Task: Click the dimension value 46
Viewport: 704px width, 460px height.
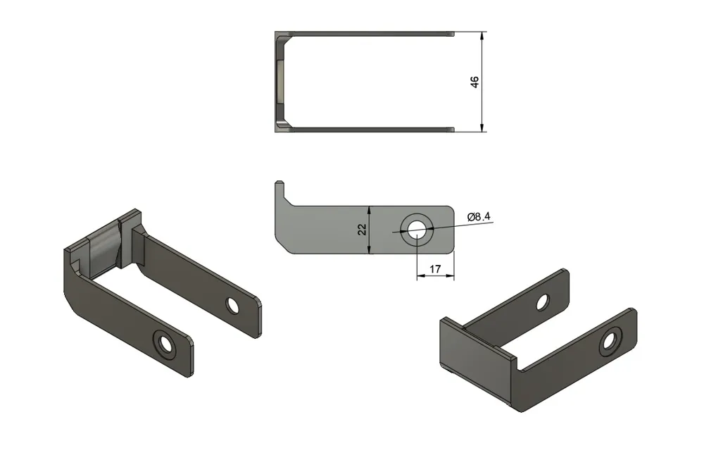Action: click(474, 82)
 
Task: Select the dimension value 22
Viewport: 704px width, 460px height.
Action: click(362, 230)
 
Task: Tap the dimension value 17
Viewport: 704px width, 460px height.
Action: click(435, 269)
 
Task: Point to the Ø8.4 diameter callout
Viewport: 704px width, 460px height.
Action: click(479, 217)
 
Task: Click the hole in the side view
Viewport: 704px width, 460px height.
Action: click(417, 230)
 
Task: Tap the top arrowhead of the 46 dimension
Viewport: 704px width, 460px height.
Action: click(482, 36)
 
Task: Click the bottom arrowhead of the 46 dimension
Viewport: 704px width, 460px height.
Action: click(482, 127)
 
